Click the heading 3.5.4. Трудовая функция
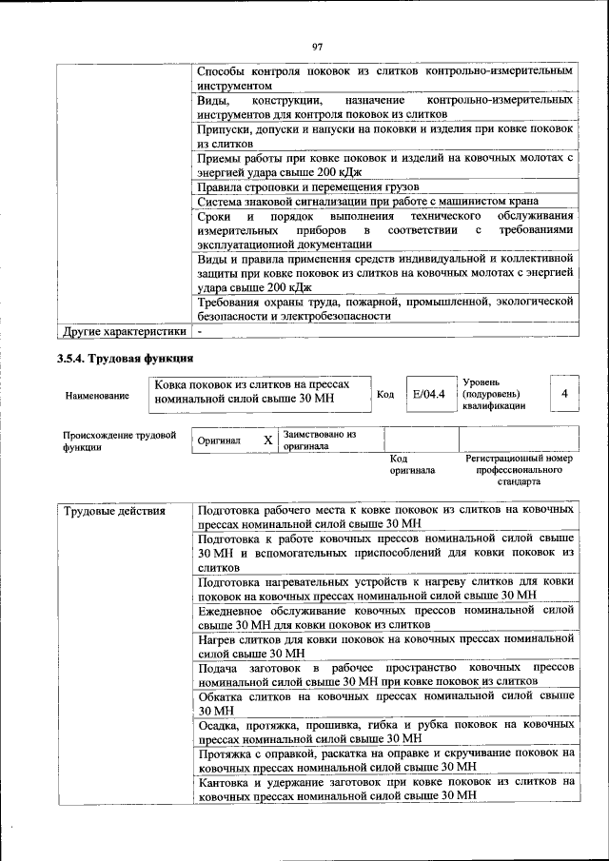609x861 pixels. click(x=125, y=359)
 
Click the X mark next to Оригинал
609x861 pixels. click(x=267, y=440)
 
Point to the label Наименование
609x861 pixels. click(x=98, y=395)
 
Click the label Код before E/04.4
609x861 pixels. click(x=385, y=394)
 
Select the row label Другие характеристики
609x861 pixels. click(x=123, y=331)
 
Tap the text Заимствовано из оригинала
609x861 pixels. click(x=319, y=440)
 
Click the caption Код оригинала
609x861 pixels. click(x=411, y=464)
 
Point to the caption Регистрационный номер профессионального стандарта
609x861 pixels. click(x=519, y=469)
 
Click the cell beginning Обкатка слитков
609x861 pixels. click(x=385, y=703)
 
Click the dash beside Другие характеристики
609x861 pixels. click(x=200, y=331)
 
